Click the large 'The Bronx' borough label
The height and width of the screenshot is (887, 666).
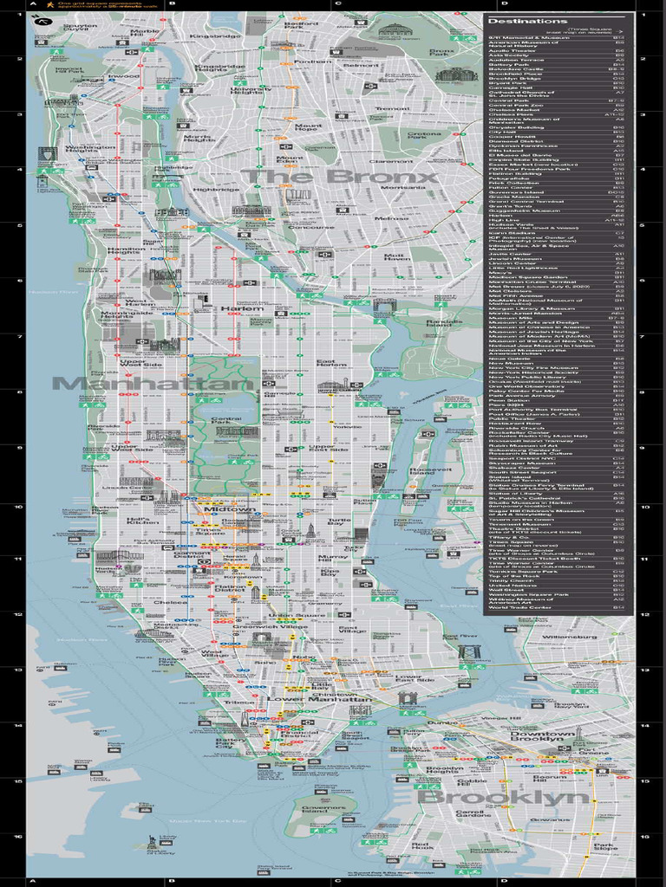pos(339,178)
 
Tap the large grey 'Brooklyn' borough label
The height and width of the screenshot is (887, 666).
pos(505,797)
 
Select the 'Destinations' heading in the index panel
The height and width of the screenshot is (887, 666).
pos(516,20)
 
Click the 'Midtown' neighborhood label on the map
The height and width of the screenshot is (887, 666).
pos(230,510)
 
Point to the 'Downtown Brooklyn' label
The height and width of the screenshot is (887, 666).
pos(542,738)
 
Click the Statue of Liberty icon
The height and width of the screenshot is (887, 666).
pos(153,841)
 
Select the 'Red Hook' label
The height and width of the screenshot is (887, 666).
pos(421,847)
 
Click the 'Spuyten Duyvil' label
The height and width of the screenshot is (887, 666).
pos(81,29)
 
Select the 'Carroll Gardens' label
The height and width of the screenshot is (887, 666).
pos(473,813)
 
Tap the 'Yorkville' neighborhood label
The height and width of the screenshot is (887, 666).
pos(347,427)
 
